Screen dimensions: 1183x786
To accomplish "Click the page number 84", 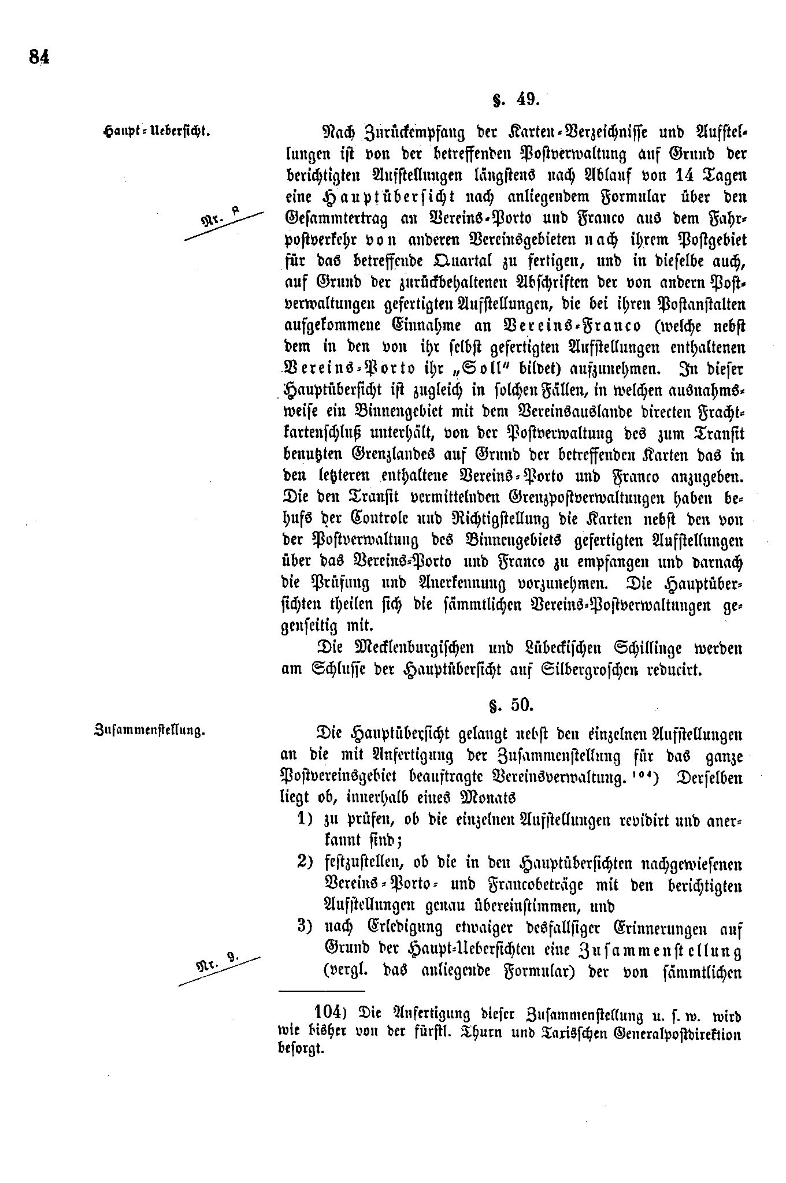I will (39, 57).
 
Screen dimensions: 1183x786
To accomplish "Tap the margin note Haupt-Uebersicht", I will (155, 131).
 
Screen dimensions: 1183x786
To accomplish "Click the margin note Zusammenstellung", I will (150, 731).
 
